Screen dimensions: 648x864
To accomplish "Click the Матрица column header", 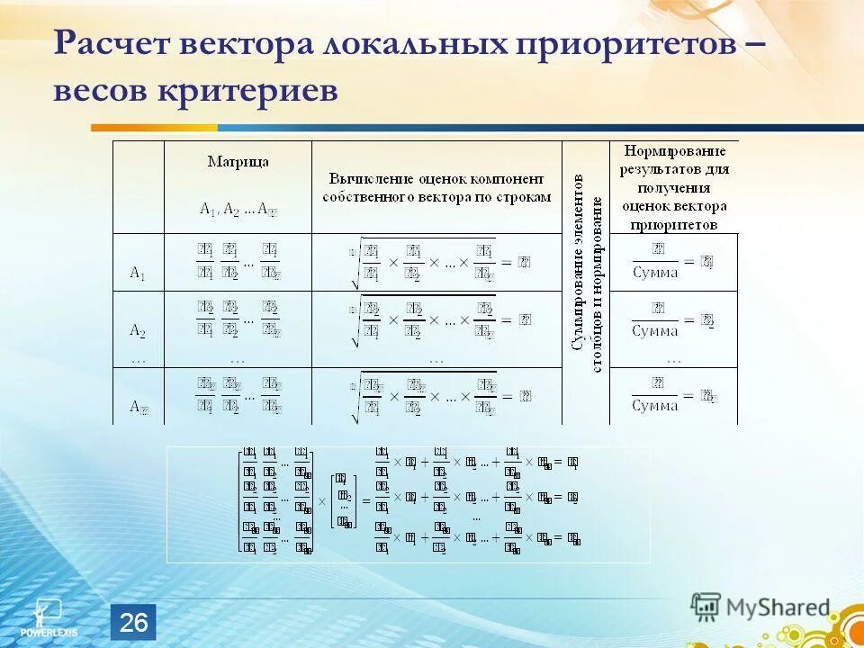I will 238,162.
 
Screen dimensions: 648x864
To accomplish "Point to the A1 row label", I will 138,272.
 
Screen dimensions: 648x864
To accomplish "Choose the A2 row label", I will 138,330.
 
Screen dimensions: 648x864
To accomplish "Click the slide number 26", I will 133,622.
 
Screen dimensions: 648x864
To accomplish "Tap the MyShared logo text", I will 781,607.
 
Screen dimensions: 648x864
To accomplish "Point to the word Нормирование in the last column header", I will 674,149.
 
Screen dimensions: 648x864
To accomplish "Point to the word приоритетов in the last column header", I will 674,224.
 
